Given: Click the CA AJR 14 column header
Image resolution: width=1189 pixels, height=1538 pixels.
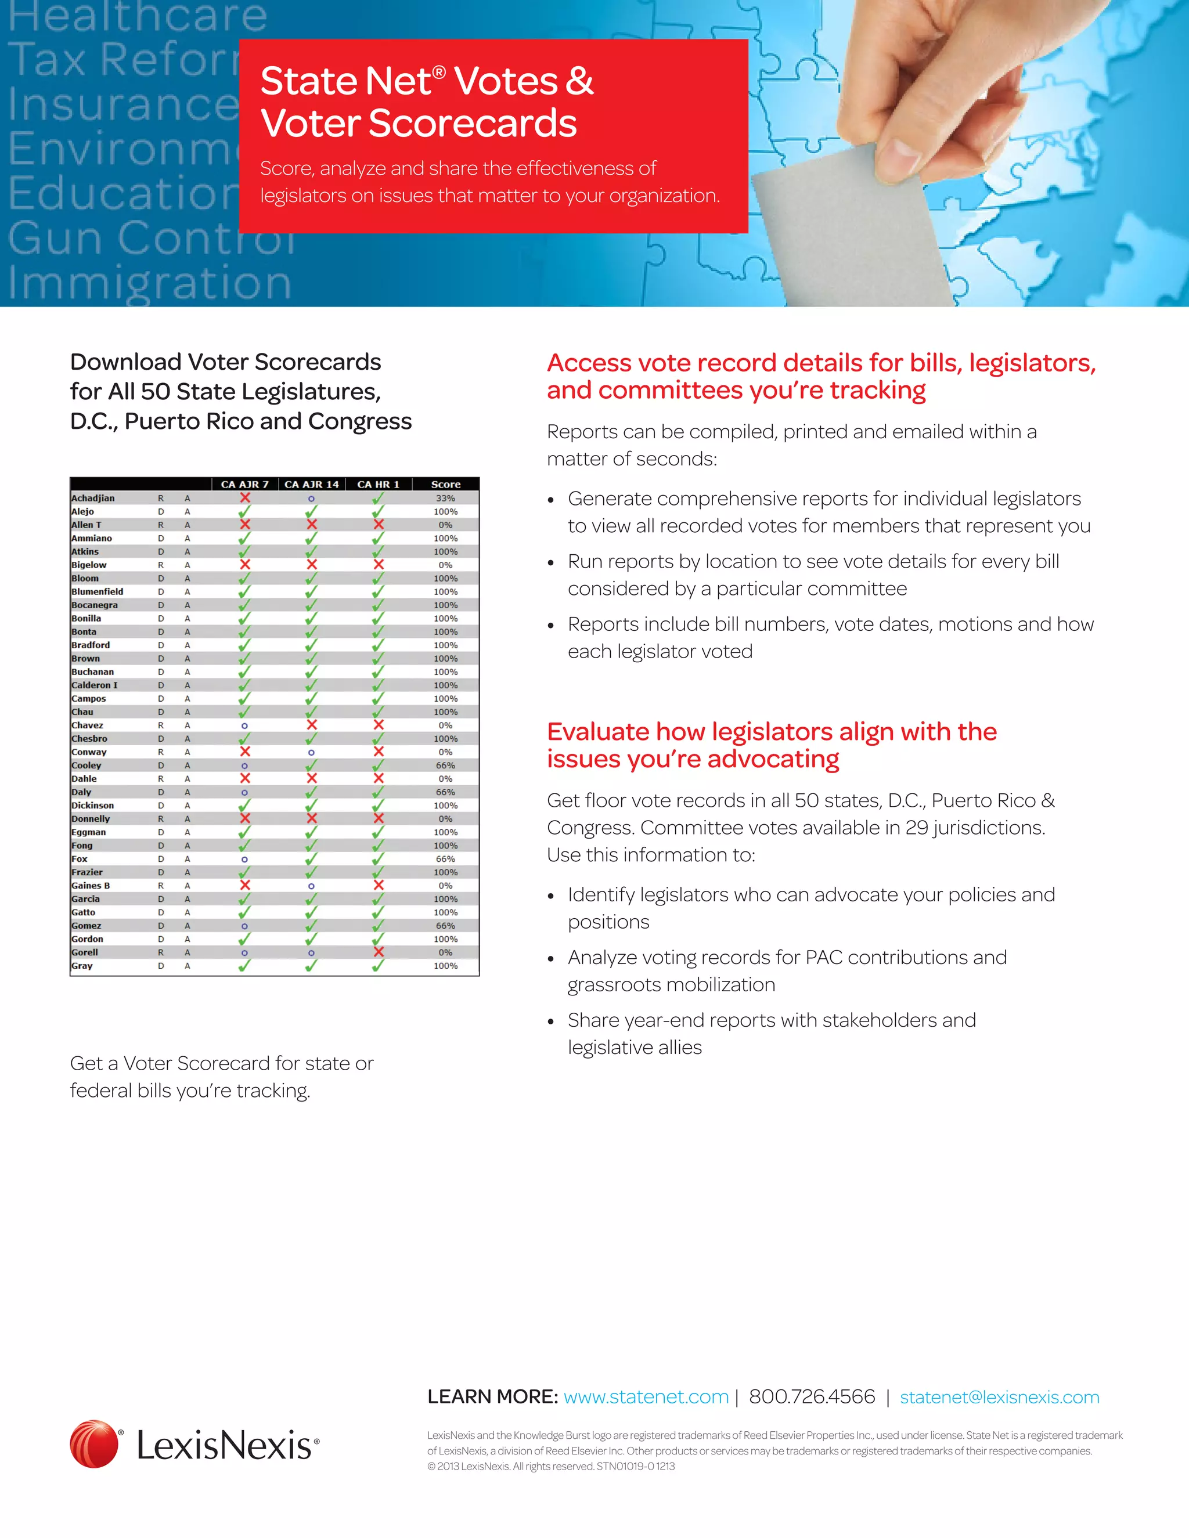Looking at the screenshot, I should tap(311, 484).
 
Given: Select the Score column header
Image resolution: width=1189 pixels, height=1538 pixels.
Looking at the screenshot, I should tap(445, 484).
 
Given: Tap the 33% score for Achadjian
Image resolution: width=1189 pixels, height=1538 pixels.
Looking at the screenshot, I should tap(445, 498).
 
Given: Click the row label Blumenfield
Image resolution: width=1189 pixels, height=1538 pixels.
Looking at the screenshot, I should tap(97, 591).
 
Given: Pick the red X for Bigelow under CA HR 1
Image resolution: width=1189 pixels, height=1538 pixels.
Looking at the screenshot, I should tap(379, 565).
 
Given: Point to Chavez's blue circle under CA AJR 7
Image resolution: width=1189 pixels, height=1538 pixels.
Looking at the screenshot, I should tap(244, 725).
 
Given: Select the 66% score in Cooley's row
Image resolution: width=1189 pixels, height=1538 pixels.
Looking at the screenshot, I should tap(445, 766).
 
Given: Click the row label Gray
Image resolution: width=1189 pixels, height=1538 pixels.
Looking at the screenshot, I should tap(82, 966).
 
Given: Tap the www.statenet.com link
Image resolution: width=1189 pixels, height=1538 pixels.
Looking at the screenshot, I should tap(646, 1396).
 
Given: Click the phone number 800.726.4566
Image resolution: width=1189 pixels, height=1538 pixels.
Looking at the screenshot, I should tap(812, 1396).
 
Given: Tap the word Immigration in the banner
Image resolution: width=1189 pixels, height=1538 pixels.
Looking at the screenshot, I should tap(149, 283).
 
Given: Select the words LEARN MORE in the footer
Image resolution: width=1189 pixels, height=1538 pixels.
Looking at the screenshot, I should tap(492, 1396).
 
